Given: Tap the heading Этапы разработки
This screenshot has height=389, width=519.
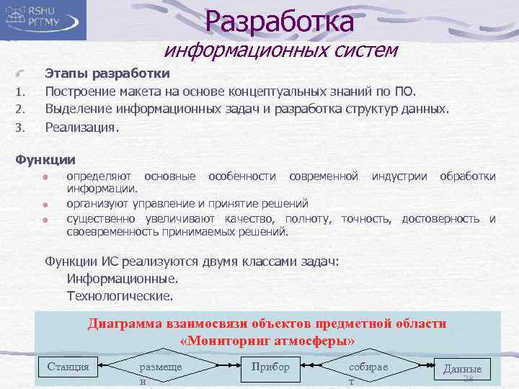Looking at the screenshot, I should coord(107,73).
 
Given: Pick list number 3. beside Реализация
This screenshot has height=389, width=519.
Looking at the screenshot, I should coord(21,128).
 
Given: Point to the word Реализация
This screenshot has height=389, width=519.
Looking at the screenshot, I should coord(81,127).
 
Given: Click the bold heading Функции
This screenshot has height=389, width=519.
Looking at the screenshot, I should coord(45,159).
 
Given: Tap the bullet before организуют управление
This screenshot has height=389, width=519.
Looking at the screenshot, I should coord(45,204).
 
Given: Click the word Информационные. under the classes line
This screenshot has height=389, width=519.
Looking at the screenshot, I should coord(122,278).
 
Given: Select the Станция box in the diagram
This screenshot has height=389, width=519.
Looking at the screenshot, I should coord(68,367).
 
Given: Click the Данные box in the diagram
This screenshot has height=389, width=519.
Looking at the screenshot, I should coord(462,370).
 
